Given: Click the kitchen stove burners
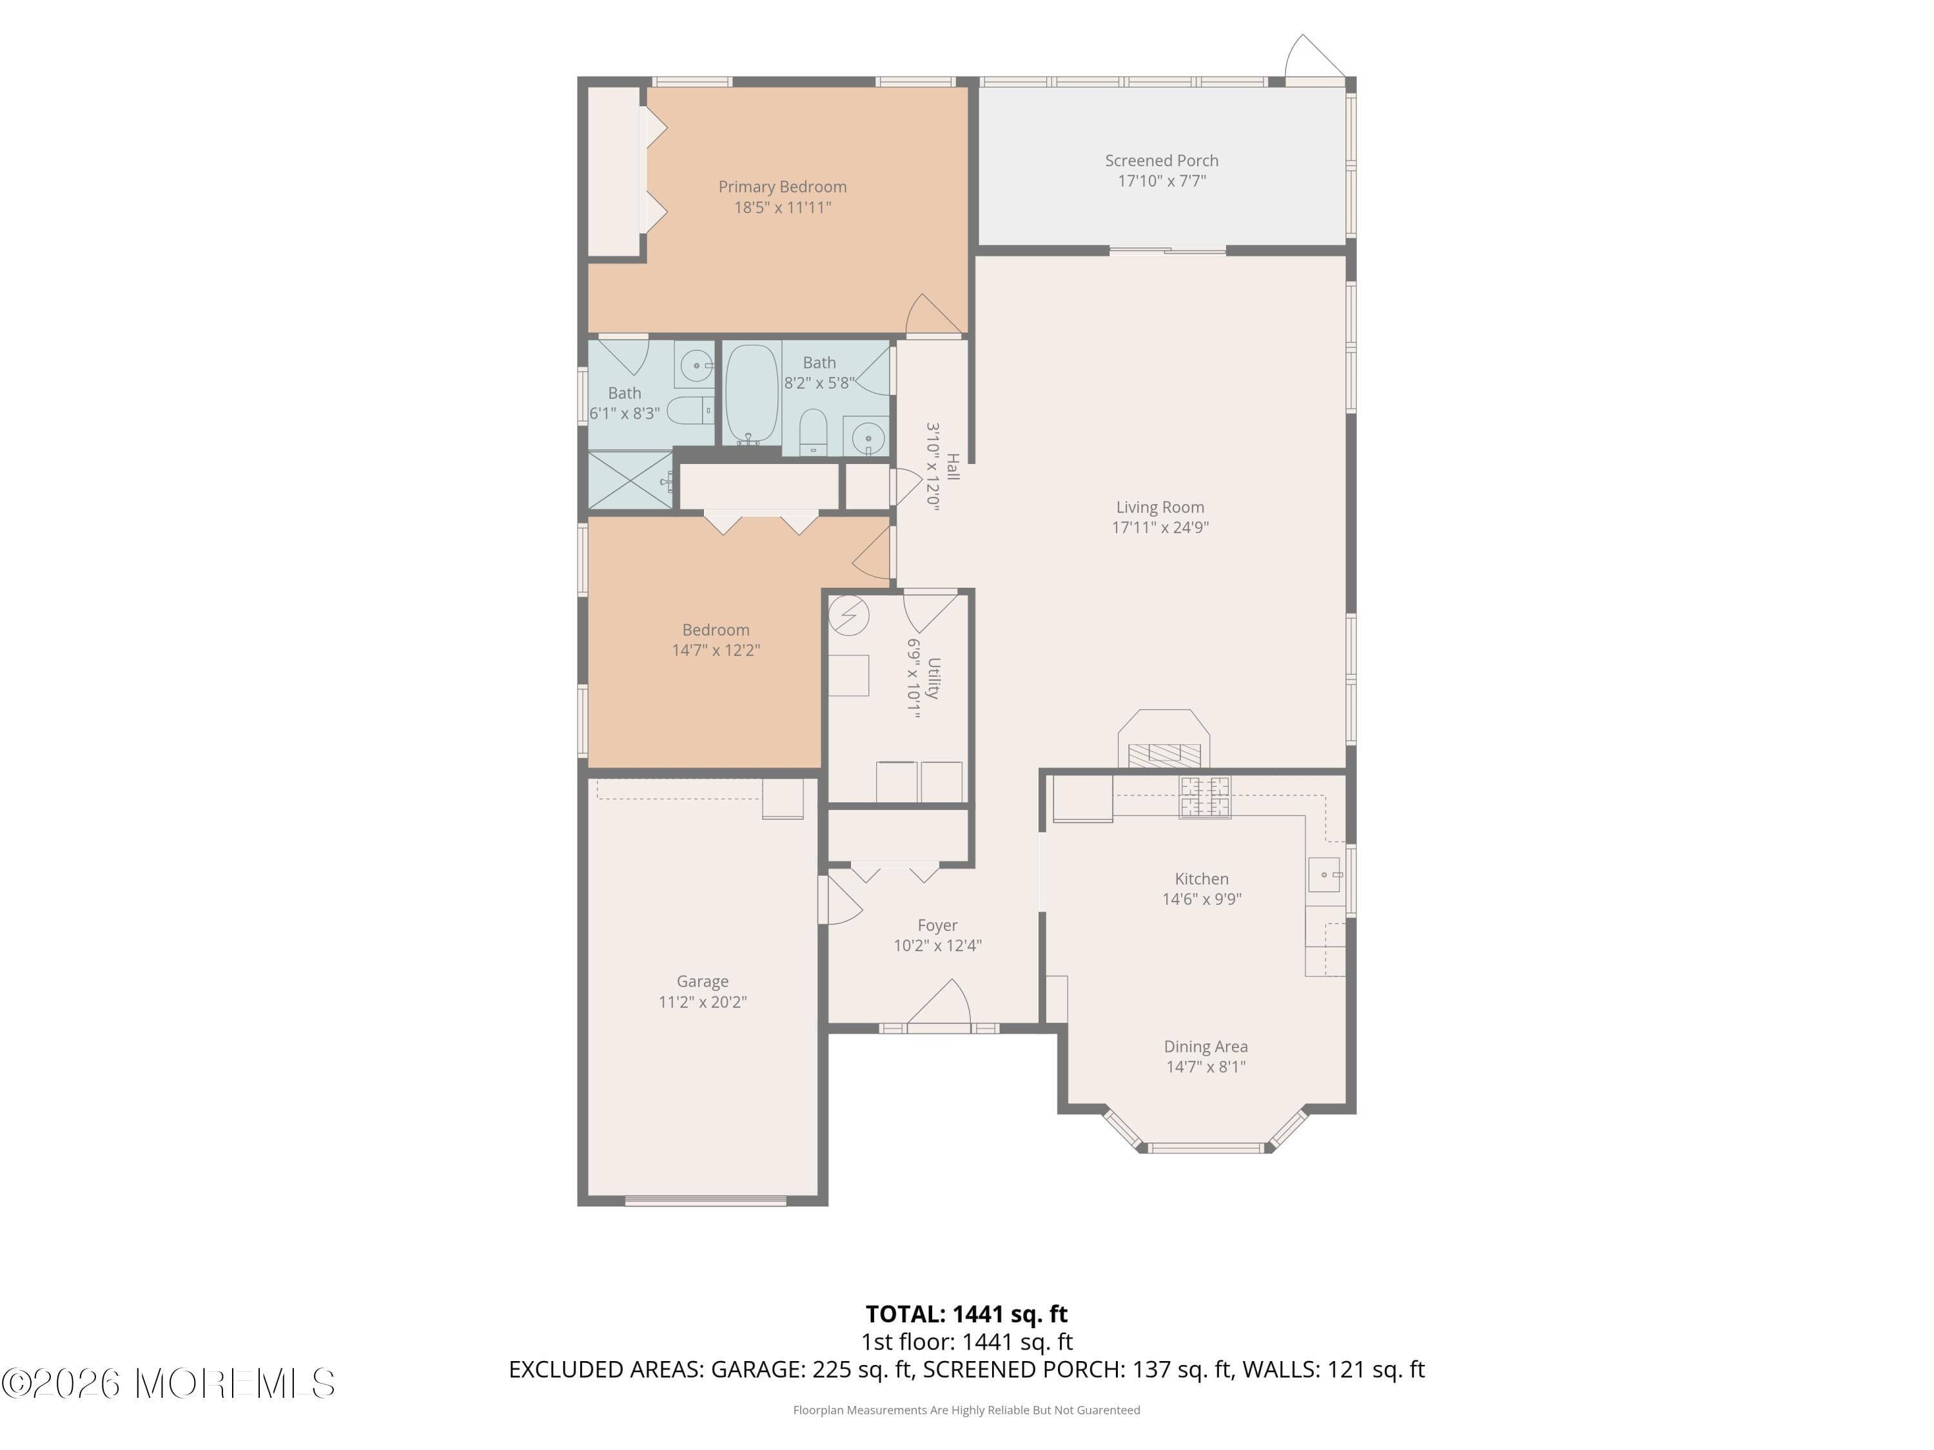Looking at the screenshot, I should [x=1205, y=797].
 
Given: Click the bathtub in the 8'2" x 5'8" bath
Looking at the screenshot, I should [x=752, y=393].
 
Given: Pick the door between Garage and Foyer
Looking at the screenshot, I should [x=837, y=900].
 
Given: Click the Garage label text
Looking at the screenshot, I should [x=702, y=981].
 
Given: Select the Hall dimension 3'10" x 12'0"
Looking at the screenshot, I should [x=933, y=467].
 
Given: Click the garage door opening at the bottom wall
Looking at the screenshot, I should [x=705, y=1200].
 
